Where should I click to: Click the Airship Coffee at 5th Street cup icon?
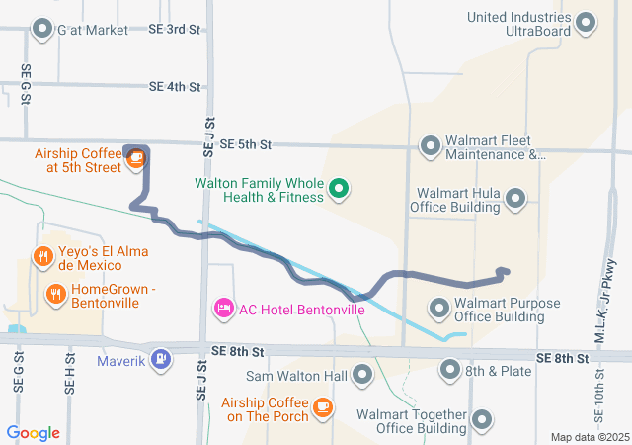pos(136,159)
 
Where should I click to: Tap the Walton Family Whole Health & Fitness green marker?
pos(339,187)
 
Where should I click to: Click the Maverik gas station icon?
pos(159,358)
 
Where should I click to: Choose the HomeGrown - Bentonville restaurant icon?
pos(55,294)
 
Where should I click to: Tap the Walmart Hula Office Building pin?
pos(514,201)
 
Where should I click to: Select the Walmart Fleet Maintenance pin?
pos(431,147)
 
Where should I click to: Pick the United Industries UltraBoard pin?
pos(586,23)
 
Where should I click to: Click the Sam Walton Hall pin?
pos(362,375)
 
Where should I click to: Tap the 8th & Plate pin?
pos(450,371)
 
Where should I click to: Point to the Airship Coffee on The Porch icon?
pos(322,407)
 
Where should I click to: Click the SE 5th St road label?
pos(246,145)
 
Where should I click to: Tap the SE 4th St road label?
pos(175,87)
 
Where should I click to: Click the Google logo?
pos(34,433)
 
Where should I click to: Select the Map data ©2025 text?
pos(590,437)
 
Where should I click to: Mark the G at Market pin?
pos(42,30)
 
